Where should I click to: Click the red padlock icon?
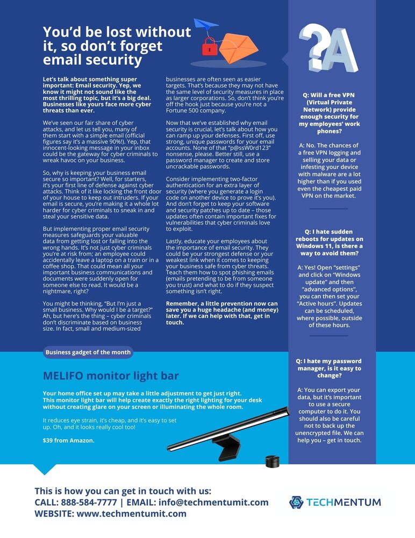[209, 46]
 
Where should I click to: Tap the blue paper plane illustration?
[206, 24]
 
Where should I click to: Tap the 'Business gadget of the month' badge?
[88, 352]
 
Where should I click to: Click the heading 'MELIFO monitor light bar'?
[111, 376]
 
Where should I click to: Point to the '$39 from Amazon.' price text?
[69, 441]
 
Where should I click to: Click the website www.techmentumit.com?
[131, 514]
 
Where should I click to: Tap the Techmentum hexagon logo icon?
[296, 502]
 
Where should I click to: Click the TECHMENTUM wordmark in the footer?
[344, 502]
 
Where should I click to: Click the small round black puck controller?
[273, 461]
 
